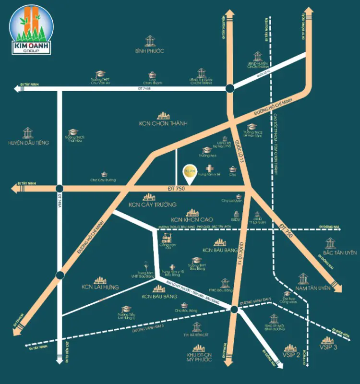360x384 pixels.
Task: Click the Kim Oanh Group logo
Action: point(32,29)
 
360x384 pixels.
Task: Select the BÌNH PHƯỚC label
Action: point(150,50)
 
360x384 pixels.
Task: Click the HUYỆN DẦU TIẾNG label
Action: point(29,143)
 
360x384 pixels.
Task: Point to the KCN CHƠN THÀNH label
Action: point(163,123)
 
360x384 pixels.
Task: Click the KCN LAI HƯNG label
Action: point(100,287)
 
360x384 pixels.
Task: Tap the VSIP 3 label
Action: point(329,347)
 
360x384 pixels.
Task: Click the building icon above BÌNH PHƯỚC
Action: point(150,39)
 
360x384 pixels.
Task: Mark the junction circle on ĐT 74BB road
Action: point(230,88)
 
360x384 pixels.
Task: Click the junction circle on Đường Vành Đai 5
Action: point(233,310)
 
